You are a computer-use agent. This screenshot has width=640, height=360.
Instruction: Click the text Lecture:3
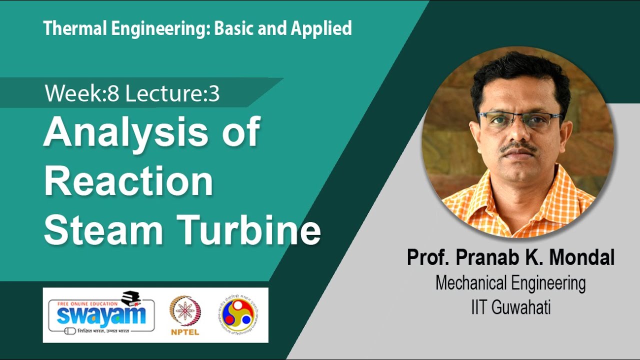[x=172, y=94]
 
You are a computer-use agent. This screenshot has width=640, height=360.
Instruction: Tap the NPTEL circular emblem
[x=185, y=311]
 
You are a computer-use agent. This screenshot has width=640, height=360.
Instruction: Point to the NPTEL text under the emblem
[x=185, y=332]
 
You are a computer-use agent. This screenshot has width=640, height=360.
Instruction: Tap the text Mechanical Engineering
[x=510, y=283]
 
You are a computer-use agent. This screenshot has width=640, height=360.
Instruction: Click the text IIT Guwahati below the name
[x=510, y=307]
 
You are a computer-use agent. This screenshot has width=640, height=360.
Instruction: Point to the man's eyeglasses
[x=517, y=120]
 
